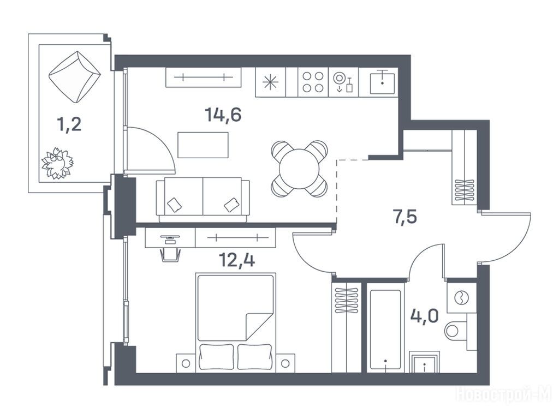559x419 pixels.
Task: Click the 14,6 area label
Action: pyautogui.click(x=223, y=115)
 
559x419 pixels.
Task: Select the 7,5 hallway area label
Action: pyautogui.click(x=405, y=217)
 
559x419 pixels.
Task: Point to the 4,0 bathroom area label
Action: pyautogui.click(x=424, y=316)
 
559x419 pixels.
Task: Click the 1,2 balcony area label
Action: pyautogui.click(x=69, y=124)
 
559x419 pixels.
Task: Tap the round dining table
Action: pyautogui.click(x=299, y=169)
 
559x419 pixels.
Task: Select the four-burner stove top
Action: pyautogui.click(x=313, y=82)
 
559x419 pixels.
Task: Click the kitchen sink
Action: pyautogui.click(x=382, y=82)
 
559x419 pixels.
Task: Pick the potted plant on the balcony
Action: pyautogui.click(x=57, y=163)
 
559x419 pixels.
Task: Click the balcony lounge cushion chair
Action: pyautogui.click(x=74, y=77)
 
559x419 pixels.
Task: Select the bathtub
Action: pyautogui.click(x=385, y=330)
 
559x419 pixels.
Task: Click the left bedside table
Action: pyautogui.click(x=186, y=363)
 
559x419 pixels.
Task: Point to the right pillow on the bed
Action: pyautogui.click(x=254, y=356)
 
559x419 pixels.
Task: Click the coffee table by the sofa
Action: pyautogui.click(x=203, y=145)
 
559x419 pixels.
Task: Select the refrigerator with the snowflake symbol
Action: pyautogui.click(x=271, y=82)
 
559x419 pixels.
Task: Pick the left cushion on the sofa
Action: pyautogui.click(x=174, y=205)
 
